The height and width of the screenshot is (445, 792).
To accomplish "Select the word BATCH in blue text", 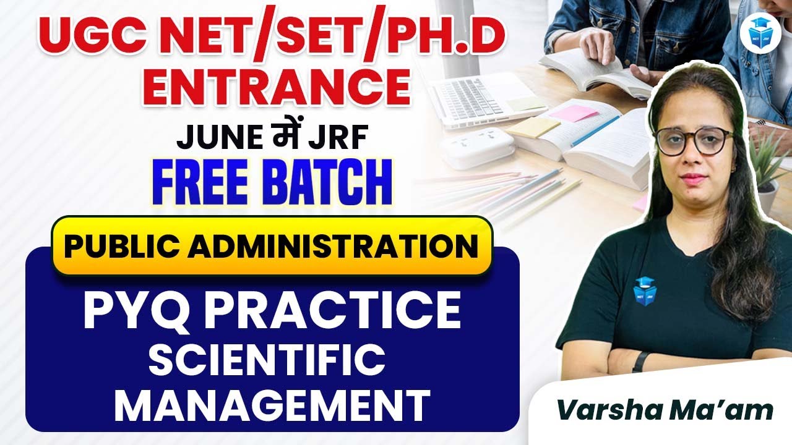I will click(x=326, y=183).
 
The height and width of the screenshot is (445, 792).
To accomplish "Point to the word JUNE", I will click(x=213, y=138).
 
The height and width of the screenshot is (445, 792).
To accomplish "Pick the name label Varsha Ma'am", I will click(x=665, y=411).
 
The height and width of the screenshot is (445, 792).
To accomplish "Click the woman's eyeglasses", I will click(x=694, y=140).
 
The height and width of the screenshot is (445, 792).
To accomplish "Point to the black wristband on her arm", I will click(x=639, y=361).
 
